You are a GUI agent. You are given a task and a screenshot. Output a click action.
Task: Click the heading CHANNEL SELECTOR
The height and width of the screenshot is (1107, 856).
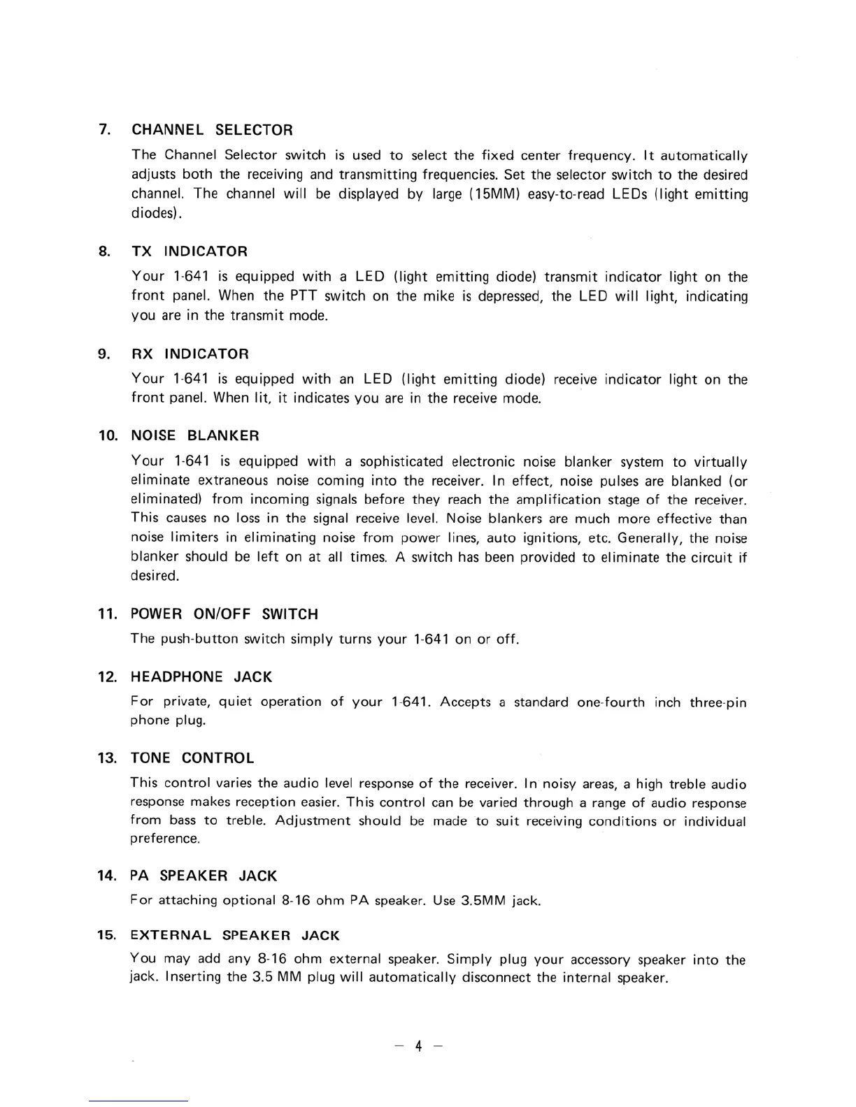(x=213, y=130)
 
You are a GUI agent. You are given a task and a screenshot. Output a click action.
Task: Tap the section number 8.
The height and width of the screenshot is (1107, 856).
(x=105, y=251)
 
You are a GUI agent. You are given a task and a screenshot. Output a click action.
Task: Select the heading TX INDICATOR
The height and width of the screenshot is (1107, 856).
(x=190, y=251)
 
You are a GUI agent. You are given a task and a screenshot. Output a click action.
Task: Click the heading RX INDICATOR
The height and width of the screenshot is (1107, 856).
(x=190, y=354)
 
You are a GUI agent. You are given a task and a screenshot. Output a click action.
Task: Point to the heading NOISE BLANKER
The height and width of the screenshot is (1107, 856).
(x=195, y=435)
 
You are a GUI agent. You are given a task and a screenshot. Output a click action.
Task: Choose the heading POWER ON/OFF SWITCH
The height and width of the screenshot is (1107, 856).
(x=224, y=614)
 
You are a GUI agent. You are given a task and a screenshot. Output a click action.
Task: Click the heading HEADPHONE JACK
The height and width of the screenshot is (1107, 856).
(x=201, y=676)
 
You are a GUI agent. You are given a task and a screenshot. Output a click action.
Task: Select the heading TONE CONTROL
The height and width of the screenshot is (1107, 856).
(x=192, y=758)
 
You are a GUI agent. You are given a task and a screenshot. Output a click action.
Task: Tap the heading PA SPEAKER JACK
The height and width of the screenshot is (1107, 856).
(x=204, y=876)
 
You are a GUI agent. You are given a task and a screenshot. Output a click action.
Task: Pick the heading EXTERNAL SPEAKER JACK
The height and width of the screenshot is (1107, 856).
(x=235, y=935)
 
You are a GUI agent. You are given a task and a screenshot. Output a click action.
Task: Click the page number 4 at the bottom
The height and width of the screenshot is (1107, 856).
(x=418, y=1046)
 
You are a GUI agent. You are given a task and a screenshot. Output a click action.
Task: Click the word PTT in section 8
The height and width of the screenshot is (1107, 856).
(x=304, y=296)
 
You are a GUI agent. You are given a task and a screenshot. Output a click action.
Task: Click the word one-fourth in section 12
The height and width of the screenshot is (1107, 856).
(x=611, y=702)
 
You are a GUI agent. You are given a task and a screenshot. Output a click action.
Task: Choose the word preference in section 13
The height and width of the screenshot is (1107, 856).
(x=164, y=838)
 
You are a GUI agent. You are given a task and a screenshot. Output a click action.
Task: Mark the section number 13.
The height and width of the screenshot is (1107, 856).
(x=106, y=758)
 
